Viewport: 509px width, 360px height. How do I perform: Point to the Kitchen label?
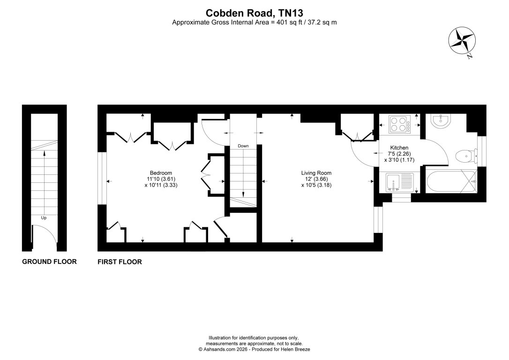pyautogui.click(x=399, y=148)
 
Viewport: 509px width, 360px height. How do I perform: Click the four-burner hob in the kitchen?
pyautogui.click(x=399, y=123)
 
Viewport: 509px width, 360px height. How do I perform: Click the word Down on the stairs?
pyautogui.click(x=243, y=146)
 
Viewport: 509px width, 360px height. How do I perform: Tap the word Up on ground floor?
pyautogui.click(x=44, y=218)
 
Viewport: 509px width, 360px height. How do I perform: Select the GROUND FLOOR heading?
pyautogui.click(x=49, y=262)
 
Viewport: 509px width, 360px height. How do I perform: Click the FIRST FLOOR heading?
pyautogui.click(x=120, y=262)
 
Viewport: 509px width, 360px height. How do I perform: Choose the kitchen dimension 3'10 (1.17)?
pyautogui.click(x=399, y=159)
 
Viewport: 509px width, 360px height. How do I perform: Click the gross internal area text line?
pyautogui.click(x=254, y=22)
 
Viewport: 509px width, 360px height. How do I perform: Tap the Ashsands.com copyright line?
pyautogui.click(x=254, y=349)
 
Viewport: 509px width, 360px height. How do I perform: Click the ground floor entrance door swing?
pyautogui.click(x=45, y=237)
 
